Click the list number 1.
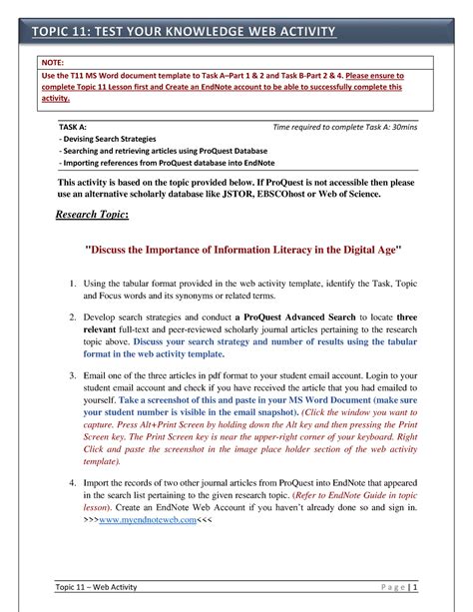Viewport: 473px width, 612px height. tap(75, 286)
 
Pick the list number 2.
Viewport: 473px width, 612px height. tap(75, 316)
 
